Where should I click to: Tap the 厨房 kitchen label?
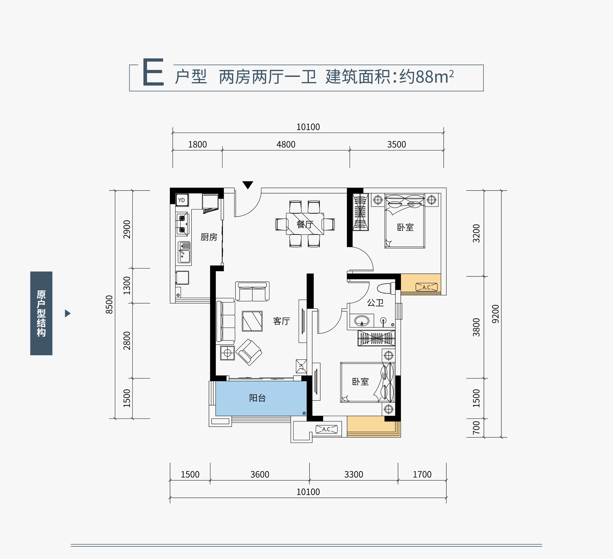[209, 237]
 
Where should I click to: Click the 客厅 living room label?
[281, 321]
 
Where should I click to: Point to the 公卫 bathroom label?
[375, 303]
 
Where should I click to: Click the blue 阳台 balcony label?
[257, 398]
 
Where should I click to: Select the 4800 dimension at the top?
[286, 144]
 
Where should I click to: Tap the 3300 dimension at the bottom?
[353, 474]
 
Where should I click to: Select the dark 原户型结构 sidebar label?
[41, 313]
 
